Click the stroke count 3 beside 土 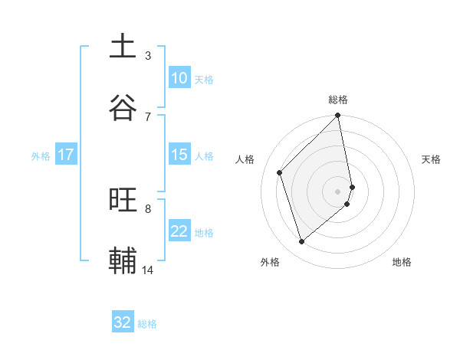148,55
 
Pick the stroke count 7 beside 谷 148,116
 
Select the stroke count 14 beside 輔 148,270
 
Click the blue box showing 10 179,78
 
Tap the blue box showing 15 179,155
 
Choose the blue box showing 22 179,231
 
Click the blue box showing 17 66,155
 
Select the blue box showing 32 123,322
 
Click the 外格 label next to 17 41,155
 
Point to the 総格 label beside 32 147,324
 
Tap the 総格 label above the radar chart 338,100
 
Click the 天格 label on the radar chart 432,159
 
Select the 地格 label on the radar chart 402,262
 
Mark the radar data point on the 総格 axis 338,116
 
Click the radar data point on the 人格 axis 280,172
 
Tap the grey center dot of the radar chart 338,191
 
